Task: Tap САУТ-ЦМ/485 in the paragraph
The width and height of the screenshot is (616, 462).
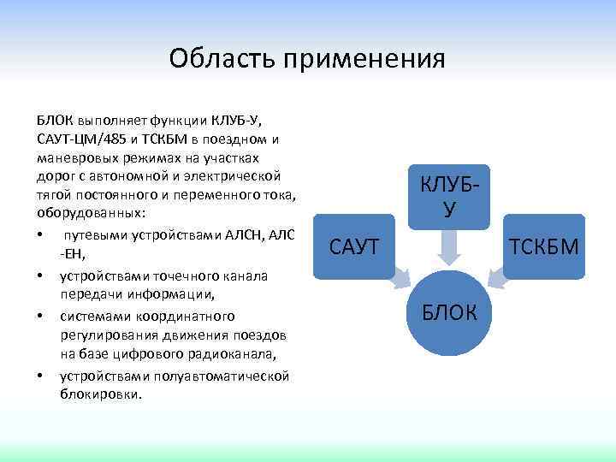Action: tap(82, 139)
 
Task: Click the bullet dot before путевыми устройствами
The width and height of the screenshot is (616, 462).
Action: tap(40, 236)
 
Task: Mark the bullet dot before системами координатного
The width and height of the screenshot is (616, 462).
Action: tap(40, 316)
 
